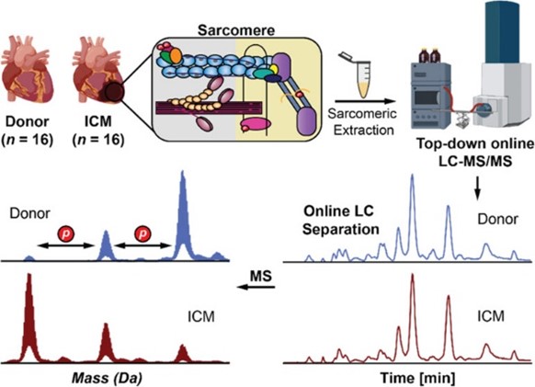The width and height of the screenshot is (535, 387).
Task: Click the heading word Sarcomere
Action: pos(236,30)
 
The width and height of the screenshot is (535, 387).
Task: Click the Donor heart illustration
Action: pos(27,73)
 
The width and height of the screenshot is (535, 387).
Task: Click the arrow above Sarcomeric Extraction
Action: pos(365,101)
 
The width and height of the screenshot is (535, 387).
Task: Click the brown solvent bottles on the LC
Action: pos(430,56)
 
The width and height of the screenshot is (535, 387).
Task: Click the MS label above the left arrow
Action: pos(261,276)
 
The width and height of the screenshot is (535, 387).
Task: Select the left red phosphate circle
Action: pos(65,233)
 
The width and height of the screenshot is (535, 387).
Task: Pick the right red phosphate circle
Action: pos(143,233)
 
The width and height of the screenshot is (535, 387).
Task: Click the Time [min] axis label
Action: pos(417,378)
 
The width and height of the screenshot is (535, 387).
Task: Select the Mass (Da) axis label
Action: pos(108,378)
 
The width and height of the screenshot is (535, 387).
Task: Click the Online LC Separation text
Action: pos(340,220)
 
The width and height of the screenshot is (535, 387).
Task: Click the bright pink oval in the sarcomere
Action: pos(256,123)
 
